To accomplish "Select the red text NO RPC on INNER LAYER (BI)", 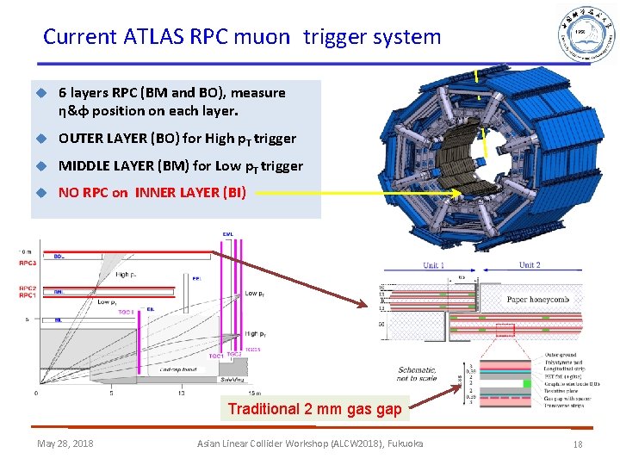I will pos(152,192).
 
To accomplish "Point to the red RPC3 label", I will pos(27,262).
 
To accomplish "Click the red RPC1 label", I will pos(27,295).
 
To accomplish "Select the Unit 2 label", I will pos(530,265).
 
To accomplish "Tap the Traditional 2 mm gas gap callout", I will pos(314,409).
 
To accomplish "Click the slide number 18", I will pos(578,443).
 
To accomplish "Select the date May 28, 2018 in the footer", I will pos(65,443).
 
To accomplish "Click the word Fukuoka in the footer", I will pos(400,443).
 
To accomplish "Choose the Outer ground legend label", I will pos(561,355).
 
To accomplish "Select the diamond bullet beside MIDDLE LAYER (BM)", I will pos(39,165).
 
